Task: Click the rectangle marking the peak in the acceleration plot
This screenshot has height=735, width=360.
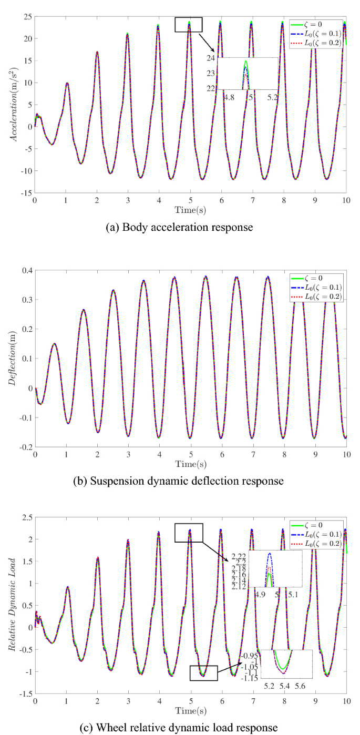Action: pyautogui.click(x=188, y=24)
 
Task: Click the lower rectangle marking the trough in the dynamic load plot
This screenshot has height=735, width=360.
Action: pyautogui.click(x=203, y=673)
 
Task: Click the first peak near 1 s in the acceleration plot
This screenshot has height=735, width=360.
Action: pyautogui.click(x=67, y=83)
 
